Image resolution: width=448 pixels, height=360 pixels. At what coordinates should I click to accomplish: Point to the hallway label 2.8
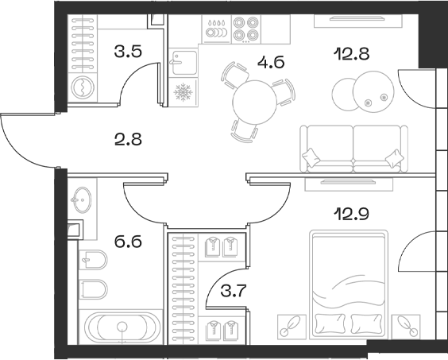click(x=126, y=143)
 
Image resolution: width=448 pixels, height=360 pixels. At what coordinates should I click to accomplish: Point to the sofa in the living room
click(x=350, y=149)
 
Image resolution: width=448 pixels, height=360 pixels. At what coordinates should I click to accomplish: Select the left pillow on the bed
click(x=330, y=323)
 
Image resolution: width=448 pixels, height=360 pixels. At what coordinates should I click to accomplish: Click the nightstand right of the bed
click(x=407, y=324)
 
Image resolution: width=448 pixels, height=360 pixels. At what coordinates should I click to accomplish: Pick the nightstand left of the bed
click(x=291, y=324)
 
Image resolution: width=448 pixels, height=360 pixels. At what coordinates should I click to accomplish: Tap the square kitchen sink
click(x=184, y=61)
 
